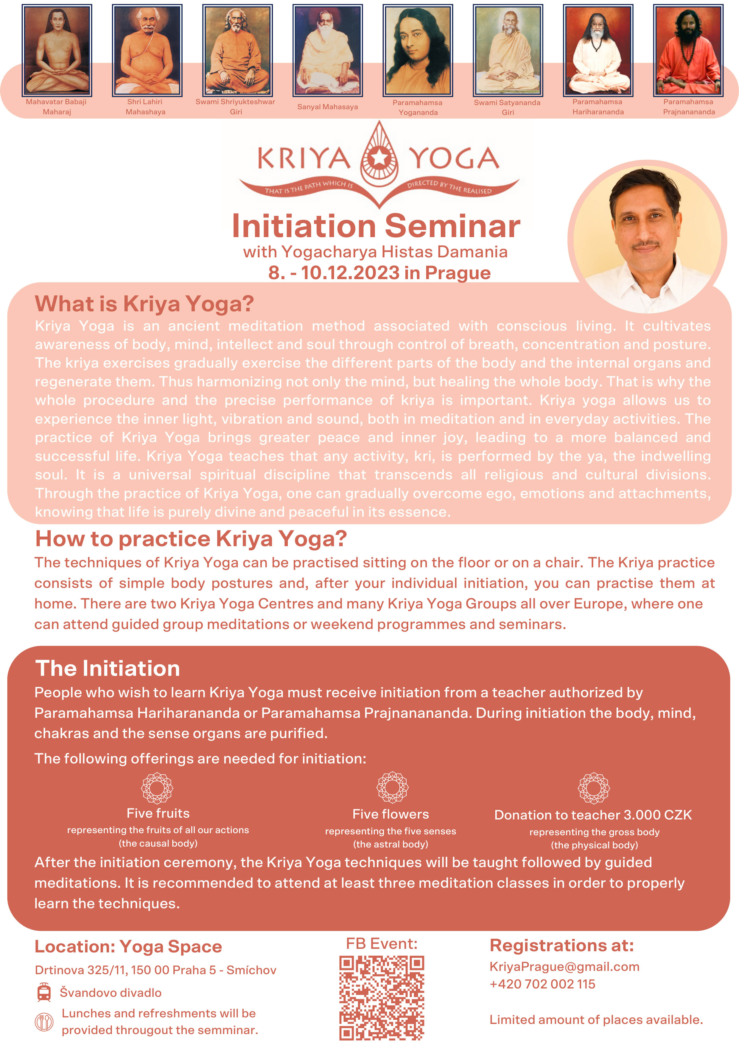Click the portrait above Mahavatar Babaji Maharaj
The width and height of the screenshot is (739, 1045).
57,51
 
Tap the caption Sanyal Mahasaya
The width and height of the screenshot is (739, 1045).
327,107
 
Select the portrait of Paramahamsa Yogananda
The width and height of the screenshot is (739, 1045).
418,51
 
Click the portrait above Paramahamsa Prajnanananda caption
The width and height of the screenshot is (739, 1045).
688,51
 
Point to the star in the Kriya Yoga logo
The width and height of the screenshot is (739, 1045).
379,158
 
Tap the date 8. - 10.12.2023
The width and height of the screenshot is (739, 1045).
334,272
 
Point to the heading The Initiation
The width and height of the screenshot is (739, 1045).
108,668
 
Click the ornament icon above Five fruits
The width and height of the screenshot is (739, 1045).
157,788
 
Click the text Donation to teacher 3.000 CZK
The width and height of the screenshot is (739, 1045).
593,815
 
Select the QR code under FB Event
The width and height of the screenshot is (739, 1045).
382,998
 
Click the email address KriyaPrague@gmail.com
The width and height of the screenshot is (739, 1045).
564,967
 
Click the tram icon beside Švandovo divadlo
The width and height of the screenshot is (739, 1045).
44,992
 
